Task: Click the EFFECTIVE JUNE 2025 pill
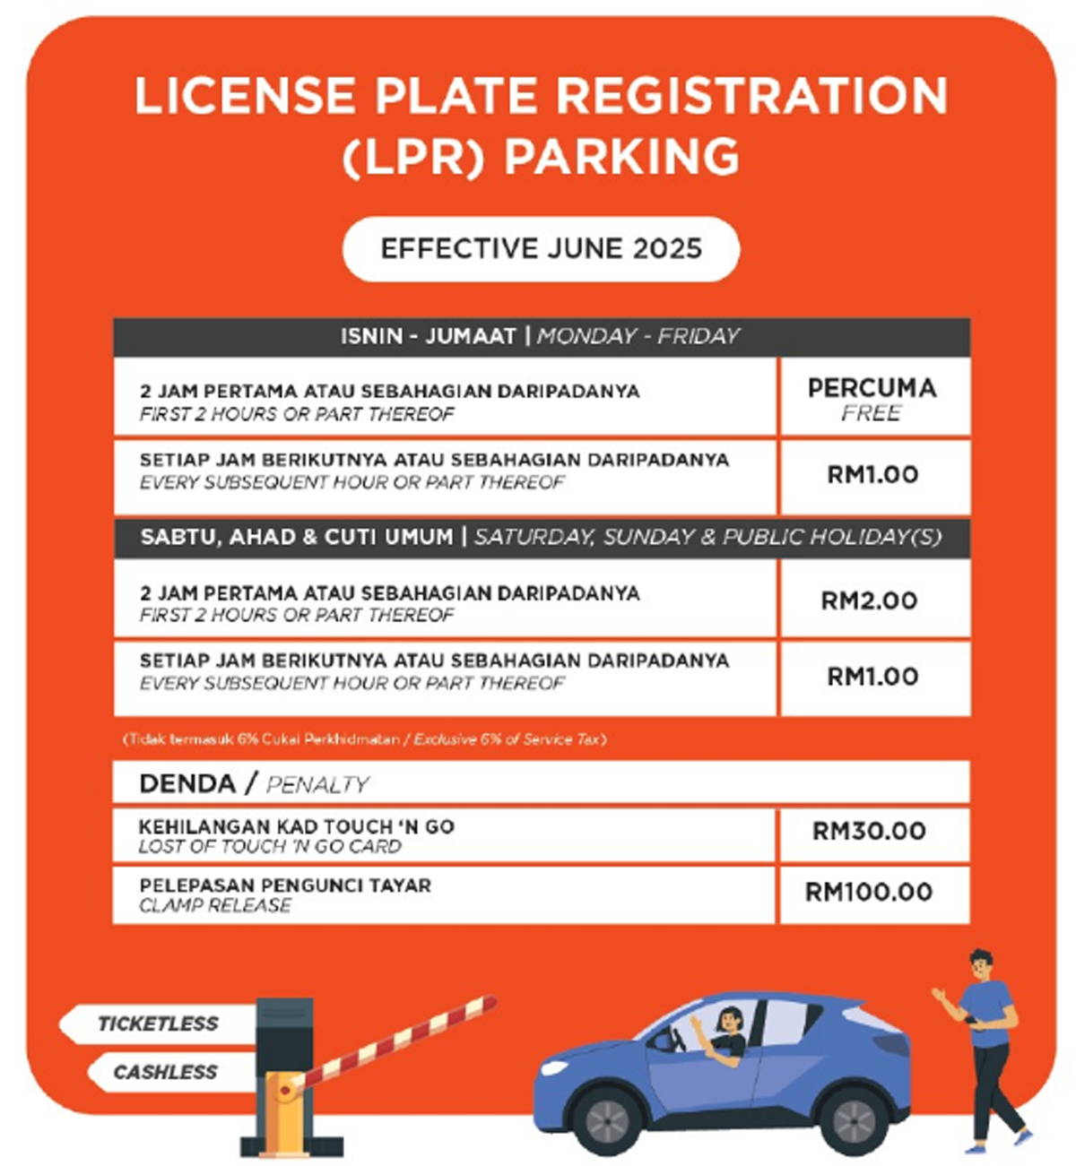pyautogui.click(x=541, y=248)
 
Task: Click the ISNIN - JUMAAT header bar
pyautogui.click(x=541, y=337)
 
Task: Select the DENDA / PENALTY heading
pyautogui.click(x=255, y=784)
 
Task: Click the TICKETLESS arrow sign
pyautogui.click(x=157, y=1023)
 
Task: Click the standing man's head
pyautogui.click(x=980, y=965)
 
